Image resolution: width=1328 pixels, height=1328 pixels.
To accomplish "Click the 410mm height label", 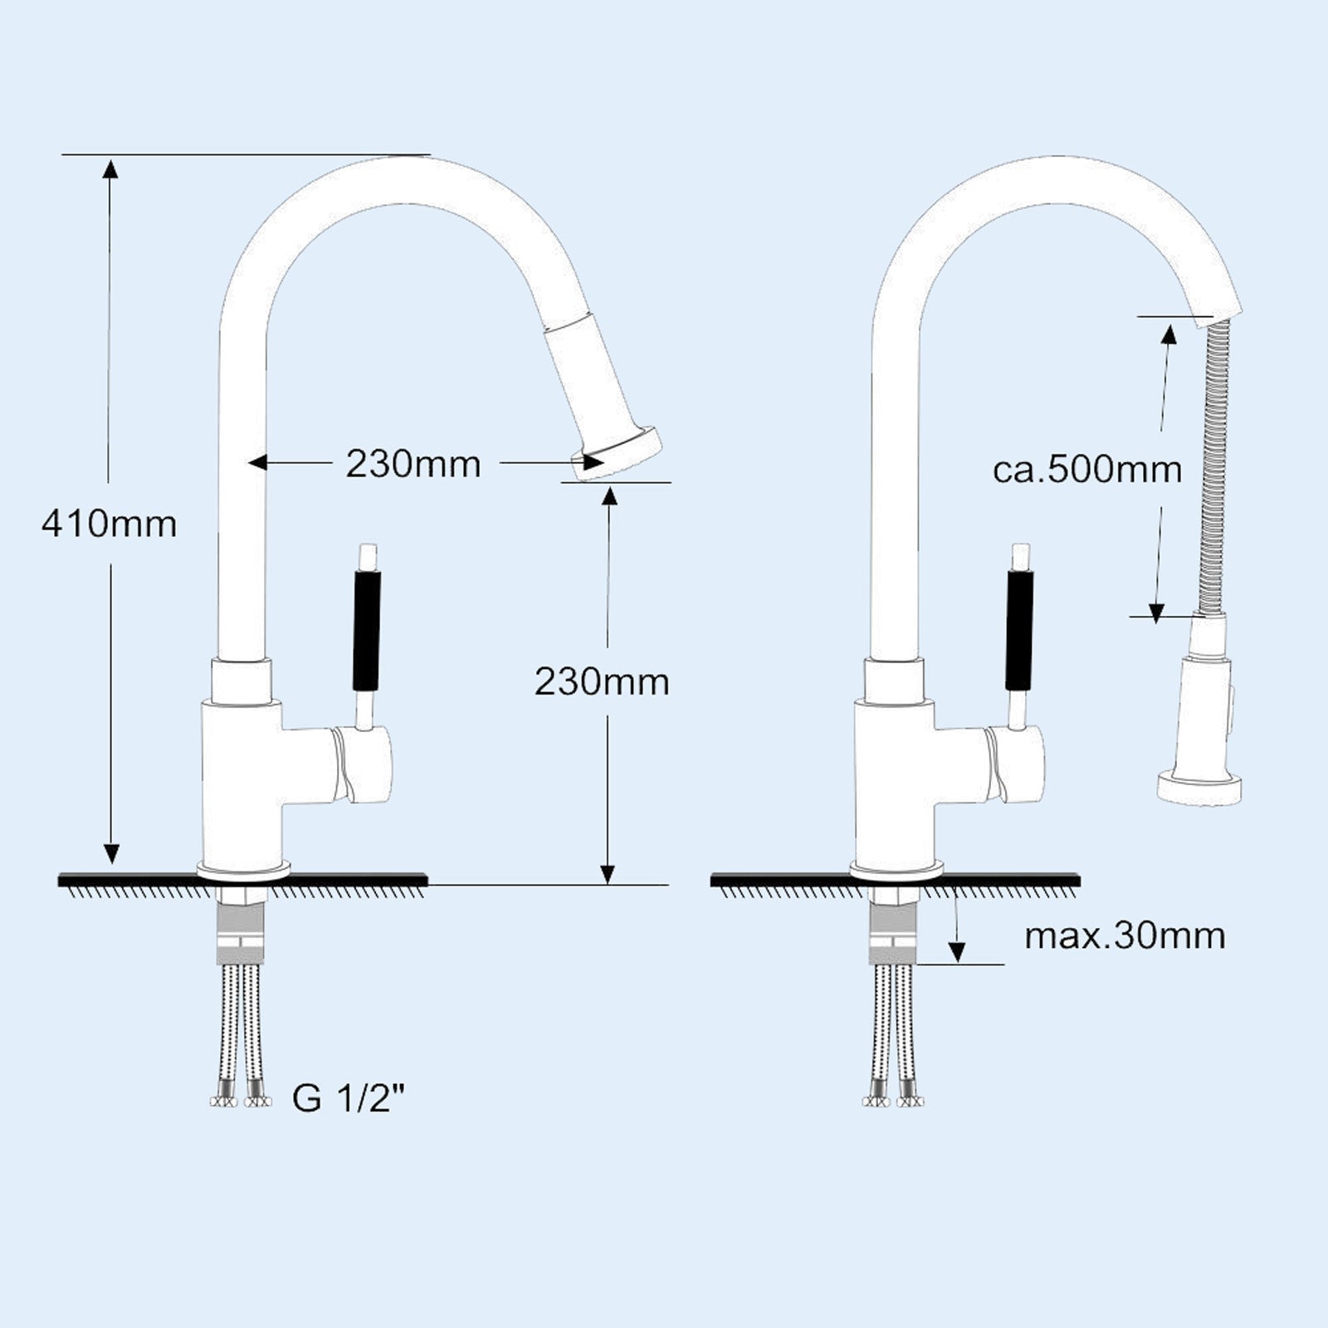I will point(109,525).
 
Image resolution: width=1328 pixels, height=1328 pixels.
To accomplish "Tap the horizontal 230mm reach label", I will point(413,464).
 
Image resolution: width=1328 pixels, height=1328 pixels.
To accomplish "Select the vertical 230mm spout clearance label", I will point(602,681).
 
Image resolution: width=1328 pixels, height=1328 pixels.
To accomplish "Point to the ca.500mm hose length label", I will point(1087,470).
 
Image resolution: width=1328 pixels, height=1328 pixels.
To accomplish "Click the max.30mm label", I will point(1125,936).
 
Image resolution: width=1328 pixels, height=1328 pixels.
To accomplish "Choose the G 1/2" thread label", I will point(349,1099).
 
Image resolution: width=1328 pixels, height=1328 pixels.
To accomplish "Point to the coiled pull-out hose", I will point(1214,465).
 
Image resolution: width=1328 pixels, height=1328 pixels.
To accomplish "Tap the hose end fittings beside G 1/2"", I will point(241,1101).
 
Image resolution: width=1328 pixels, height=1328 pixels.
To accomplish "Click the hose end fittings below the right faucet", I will point(893,1101).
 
